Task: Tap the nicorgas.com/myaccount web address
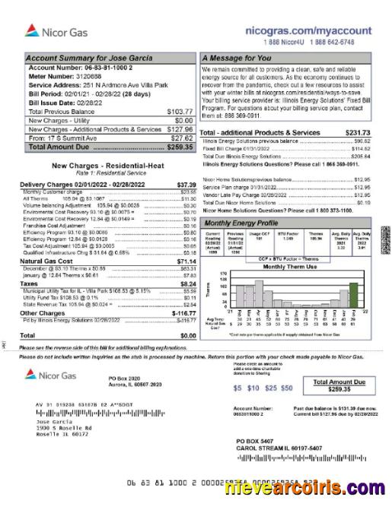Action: click(x=309, y=30)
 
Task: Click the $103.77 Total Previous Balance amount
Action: click(x=180, y=111)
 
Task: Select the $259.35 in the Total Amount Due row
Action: click(x=180, y=147)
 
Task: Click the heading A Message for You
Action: click(x=237, y=58)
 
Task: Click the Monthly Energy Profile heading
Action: click(x=242, y=223)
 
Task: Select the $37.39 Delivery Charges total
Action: click(x=186, y=185)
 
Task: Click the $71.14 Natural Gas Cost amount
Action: click(x=186, y=261)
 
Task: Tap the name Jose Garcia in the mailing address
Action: click(x=53, y=420)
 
